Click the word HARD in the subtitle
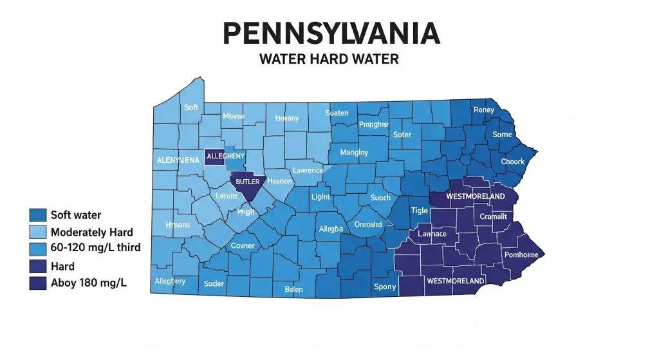pyautogui.click(x=329, y=59)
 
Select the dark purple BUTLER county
pyautogui.click(x=248, y=183)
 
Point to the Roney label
pyautogui.click(x=483, y=110)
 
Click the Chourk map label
pyautogui.click(x=512, y=162)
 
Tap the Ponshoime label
pyautogui.click(x=521, y=255)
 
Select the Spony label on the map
pyautogui.click(x=385, y=287)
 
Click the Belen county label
pyautogui.click(x=293, y=290)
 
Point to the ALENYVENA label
pyautogui.click(x=178, y=160)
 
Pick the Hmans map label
pyautogui.click(x=178, y=225)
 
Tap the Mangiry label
pyautogui.click(x=354, y=153)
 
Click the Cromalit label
pyautogui.click(x=494, y=217)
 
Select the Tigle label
pyautogui.click(x=419, y=211)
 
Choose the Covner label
pyautogui.click(x=243, y=245)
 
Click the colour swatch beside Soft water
pyautogui.click(x=38, y=215)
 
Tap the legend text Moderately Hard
pyautogui.click(x=91, y=232)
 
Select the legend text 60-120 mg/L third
pyautogui.click(x=95, y=249)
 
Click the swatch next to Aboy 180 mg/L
pyautogui.click(x=38, y=282)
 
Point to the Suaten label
pyautogui.click(x=337, y=113)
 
